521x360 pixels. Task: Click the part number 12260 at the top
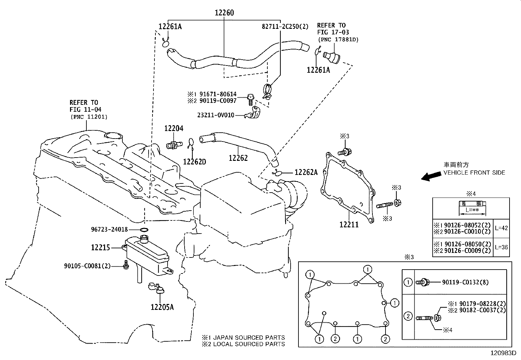(x=224, y=12)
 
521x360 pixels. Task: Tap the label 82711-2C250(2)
(x=285, y=27)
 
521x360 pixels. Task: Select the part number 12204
(x=174, y=128)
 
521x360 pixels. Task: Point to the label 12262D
(x=194, y=161)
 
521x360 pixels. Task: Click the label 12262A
(x=306, y=172)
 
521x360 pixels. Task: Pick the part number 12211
(x=349, y=224)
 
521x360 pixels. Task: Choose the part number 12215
(x=100, y=247)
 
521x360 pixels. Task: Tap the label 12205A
(x=162, y=307)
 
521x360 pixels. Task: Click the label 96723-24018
(x=109, y=230)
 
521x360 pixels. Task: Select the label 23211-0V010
(x=216, y=115)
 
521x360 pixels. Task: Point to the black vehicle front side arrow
(x=431, y=176)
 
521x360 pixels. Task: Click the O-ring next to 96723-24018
(x=144, y=230)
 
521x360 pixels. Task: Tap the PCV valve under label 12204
(x=174, y=146)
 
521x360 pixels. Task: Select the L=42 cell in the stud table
(x=501, y=228)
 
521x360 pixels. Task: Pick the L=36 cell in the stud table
(x=501, y=247)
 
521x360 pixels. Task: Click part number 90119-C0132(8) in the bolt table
(x=465, y=282)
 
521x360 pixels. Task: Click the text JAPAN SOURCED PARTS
(x=249, y=338)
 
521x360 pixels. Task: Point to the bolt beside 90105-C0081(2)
(x=126, y=265)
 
